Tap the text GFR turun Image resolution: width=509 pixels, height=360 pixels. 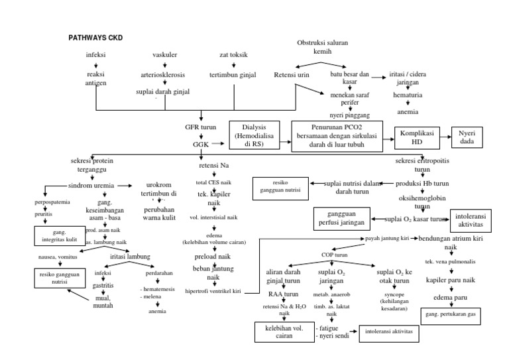(x=200, y=125)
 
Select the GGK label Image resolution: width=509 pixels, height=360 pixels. (x=200, y=143)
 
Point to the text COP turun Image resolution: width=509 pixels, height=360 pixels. (x=331, y=254)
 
